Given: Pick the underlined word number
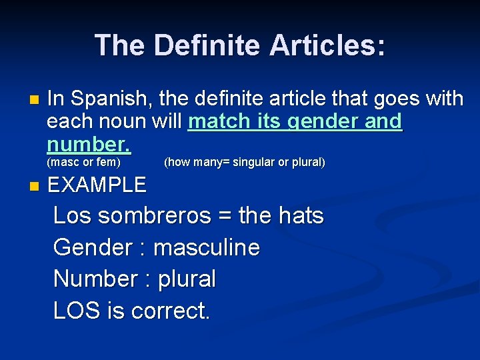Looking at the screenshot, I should pyautogui.click(x=88, y=144).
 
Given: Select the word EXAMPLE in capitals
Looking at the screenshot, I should pyautogui.click(x=97, y=185).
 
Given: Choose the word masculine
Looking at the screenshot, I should pyautogui.click(x=207, y=248).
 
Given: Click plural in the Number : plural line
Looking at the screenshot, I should pyautogui.click(x=187, y=279).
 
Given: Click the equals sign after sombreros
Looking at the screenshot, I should pyautogui.click(x=225, y=217).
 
